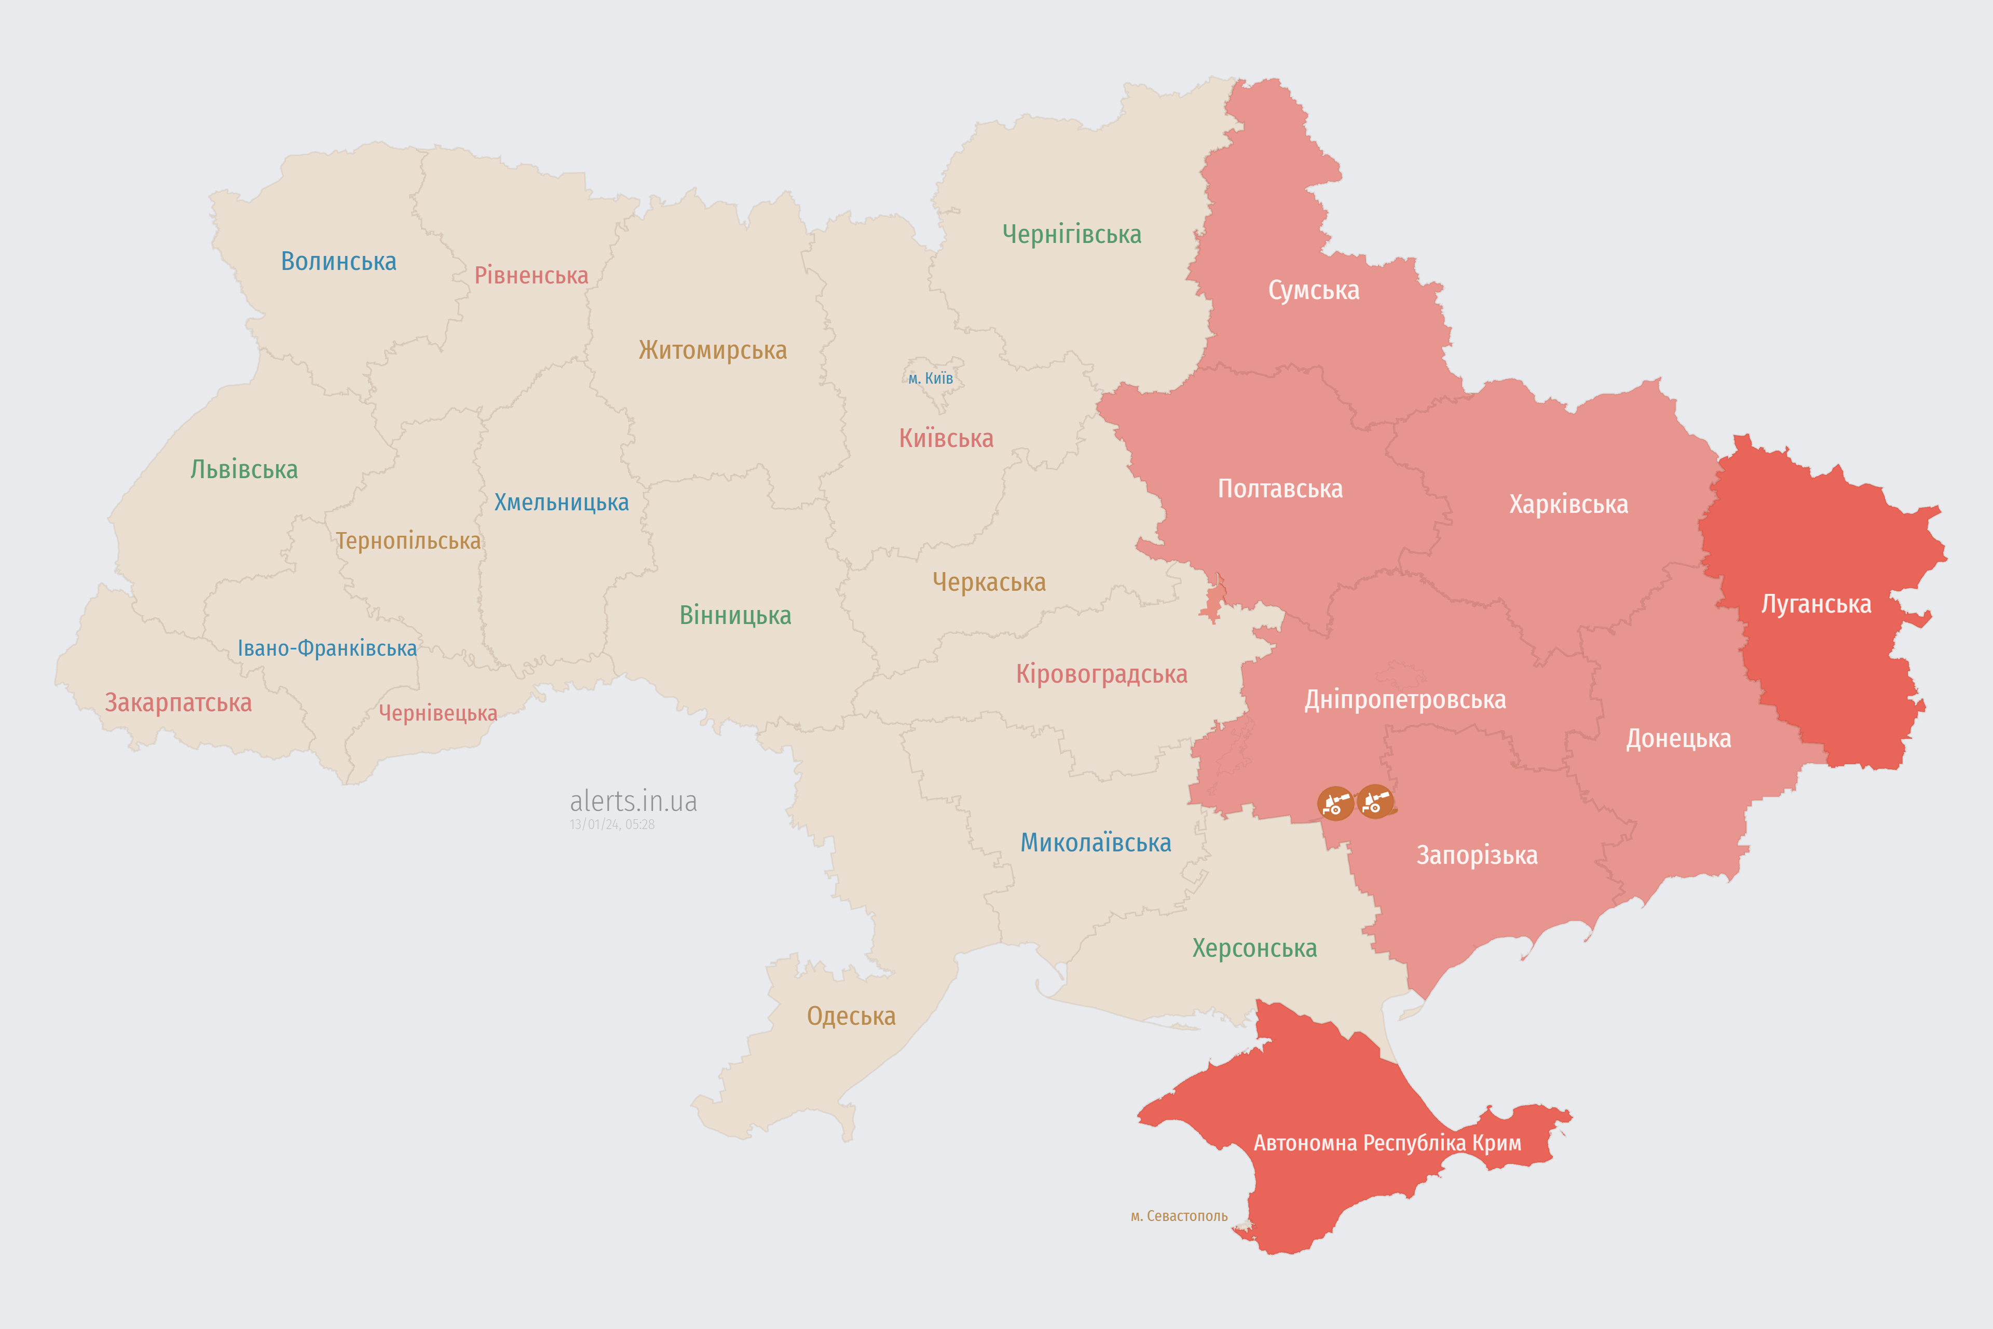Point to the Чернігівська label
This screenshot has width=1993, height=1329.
(x=1071, y=234)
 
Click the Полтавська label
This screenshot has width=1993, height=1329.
(x=1279, y=489)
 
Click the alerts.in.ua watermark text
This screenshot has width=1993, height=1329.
(x=633, y=801)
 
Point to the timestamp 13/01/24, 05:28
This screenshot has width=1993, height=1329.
(x=612, y=825)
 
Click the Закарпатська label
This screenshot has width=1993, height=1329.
(x=178, y=702)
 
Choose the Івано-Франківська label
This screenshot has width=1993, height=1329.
(x=327, y=648)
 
